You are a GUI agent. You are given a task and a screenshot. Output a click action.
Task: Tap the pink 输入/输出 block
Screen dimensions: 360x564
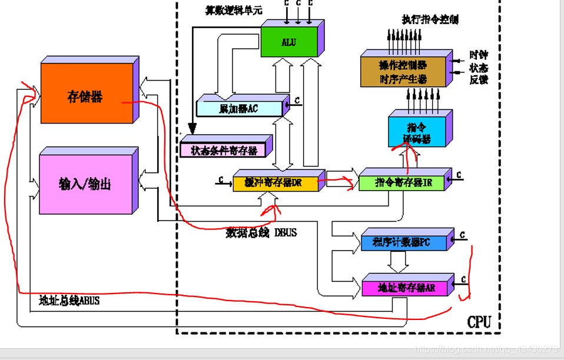(x=85, y=184)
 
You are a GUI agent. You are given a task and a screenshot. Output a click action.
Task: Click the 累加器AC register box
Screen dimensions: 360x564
(x=238, y=109)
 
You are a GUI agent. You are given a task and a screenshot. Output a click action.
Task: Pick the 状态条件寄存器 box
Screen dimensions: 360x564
(x=224, y=151)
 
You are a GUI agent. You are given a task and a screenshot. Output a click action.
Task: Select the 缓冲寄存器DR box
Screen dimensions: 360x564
(x=276, y=183)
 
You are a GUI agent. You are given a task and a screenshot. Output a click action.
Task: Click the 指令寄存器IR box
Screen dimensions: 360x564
(x=403, y=183)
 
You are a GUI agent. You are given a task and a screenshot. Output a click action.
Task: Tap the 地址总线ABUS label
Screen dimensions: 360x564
(x=69, y=301)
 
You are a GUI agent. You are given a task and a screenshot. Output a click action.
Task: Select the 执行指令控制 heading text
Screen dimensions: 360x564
(x=430, y=19)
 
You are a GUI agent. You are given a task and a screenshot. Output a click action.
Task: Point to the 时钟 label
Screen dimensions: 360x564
(x=478, y=55)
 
